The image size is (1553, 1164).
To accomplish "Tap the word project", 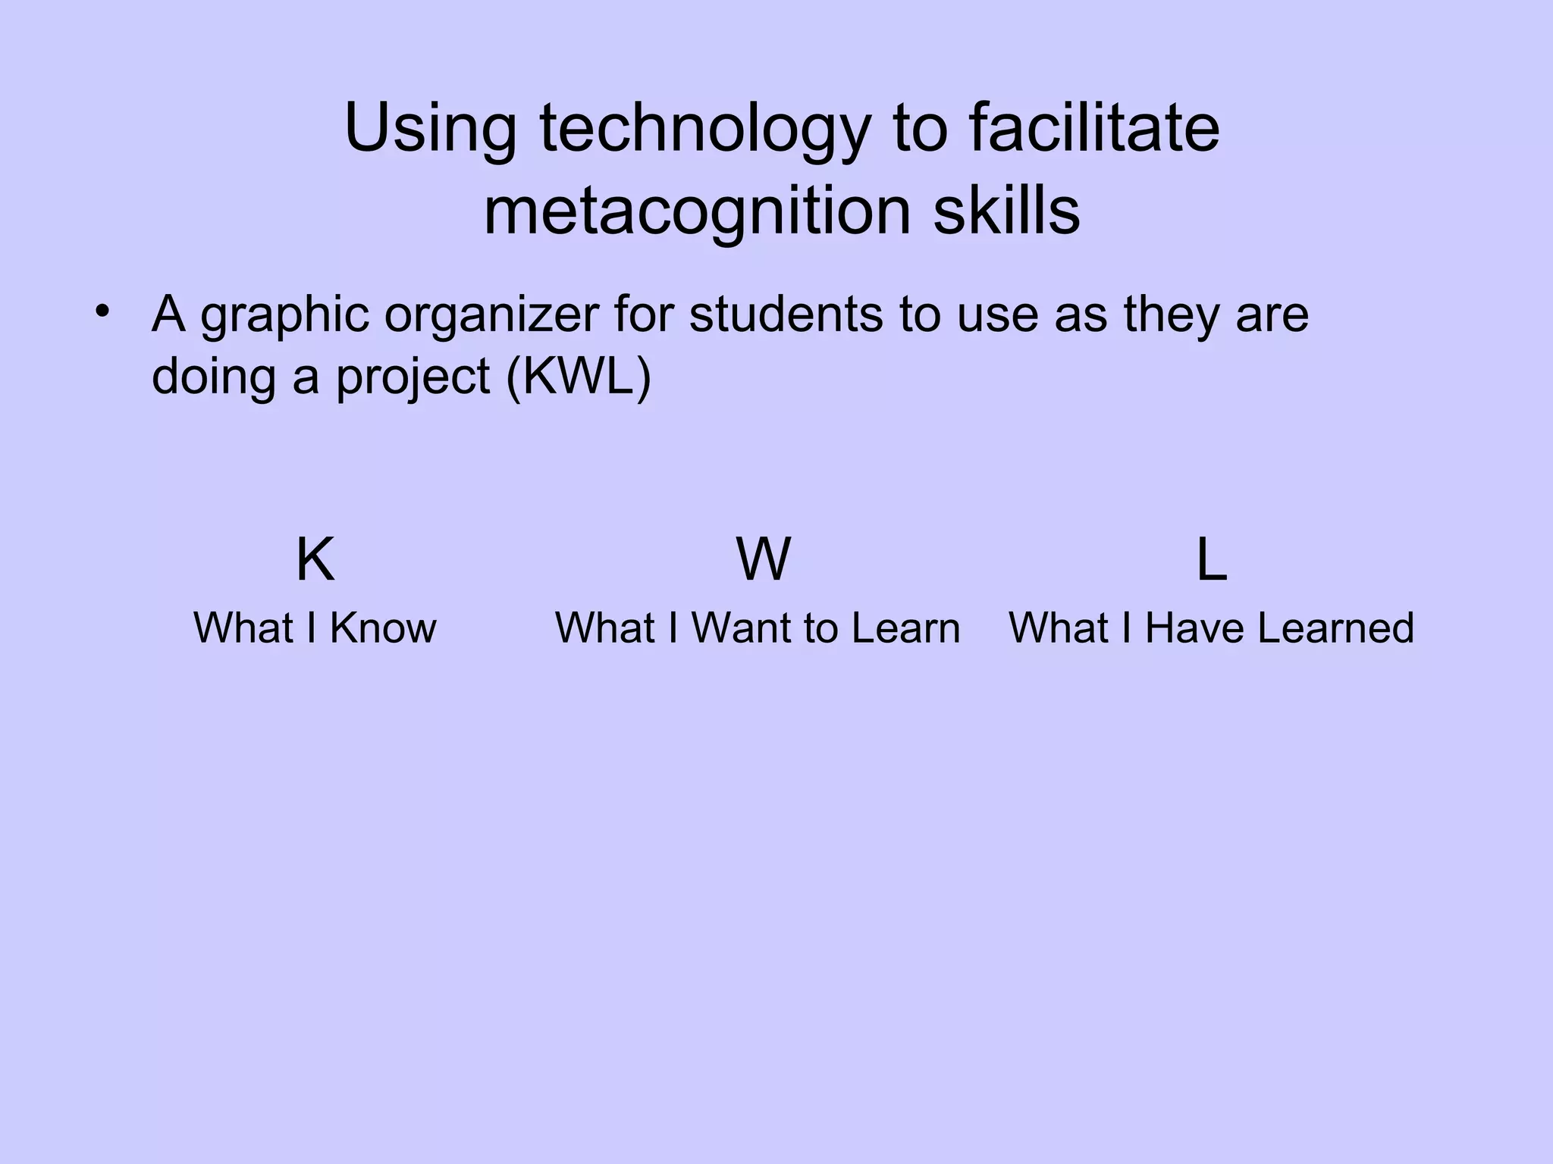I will [413, 377].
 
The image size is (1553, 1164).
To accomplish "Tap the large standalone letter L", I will [1211, 561].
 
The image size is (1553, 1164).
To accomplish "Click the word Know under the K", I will [383, 628].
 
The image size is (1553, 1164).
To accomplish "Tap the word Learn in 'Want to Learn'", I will [905, 628].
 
